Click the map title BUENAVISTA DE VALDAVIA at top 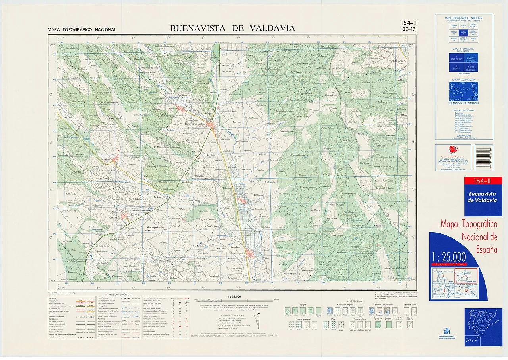point(233,28)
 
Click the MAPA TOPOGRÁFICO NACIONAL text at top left point(82,30)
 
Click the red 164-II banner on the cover point(483,181)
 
